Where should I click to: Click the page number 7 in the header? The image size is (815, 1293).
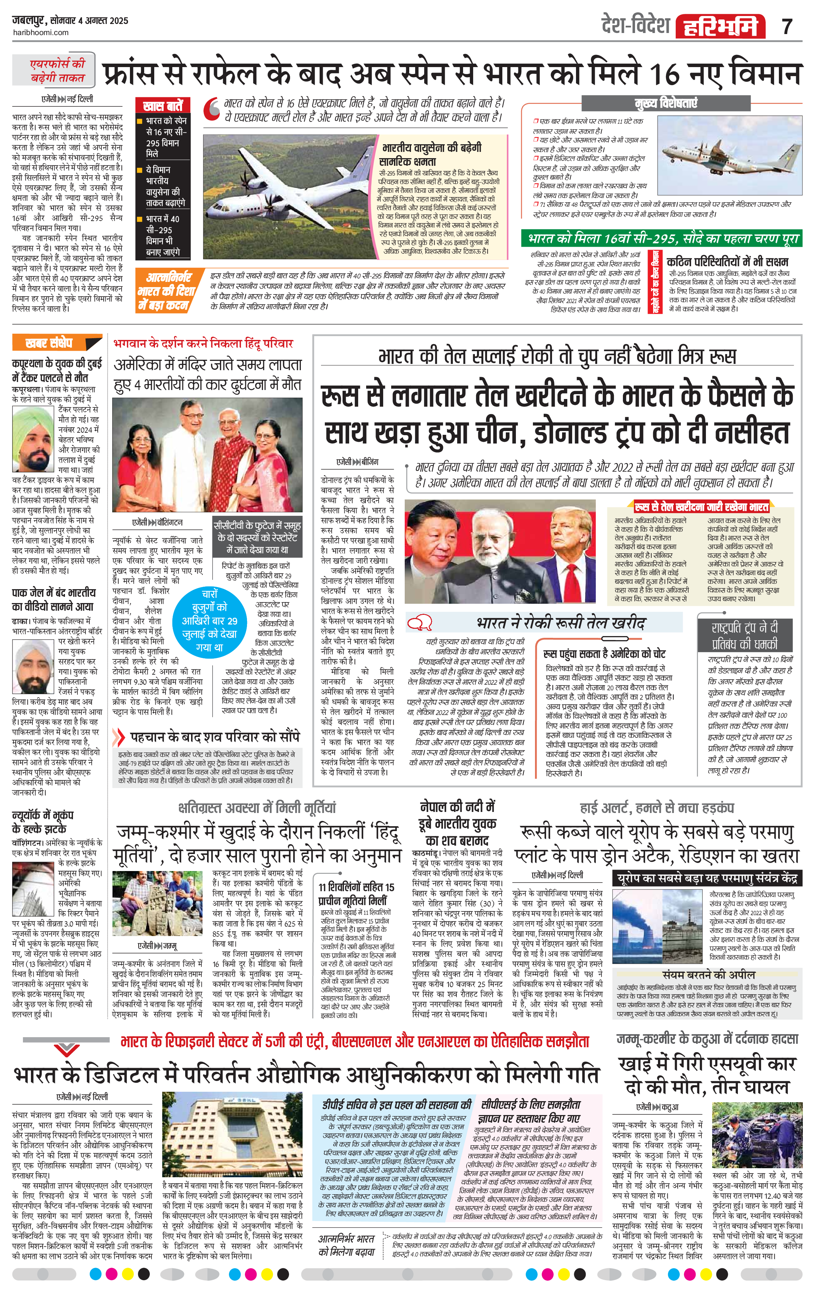pos(787,26)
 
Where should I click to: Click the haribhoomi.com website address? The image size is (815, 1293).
pos(40,33)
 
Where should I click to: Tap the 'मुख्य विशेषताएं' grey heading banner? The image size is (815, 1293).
pos(666,103)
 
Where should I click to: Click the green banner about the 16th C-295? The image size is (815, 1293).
pos(661,238)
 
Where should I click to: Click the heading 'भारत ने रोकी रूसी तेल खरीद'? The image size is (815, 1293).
pos(560,623)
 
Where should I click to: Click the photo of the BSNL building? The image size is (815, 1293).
pos(234,1127)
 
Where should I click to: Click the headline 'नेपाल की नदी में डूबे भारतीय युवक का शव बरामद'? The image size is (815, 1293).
pos(457,824)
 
